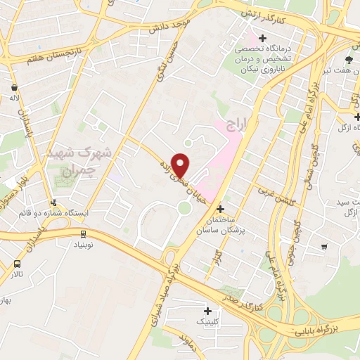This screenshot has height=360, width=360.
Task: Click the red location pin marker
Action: tap(181, 165)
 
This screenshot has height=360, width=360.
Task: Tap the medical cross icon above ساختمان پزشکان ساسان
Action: tap(220, 209)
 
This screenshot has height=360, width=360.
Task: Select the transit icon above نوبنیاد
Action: tap(84, 233)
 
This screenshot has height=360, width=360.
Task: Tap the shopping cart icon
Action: tap(323, 246)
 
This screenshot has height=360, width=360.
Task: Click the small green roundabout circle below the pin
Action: tap(184, 207)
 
